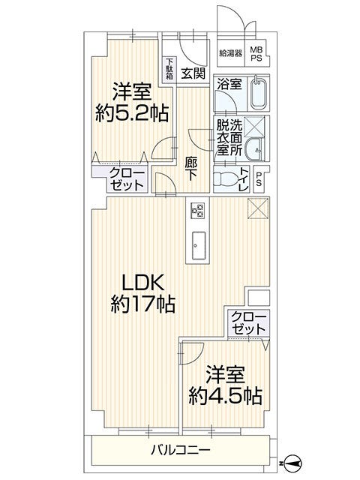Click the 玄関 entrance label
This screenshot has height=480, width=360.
[193, 73]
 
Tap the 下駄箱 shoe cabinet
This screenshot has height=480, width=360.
[169, 69]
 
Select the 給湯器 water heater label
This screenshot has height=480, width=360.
[231, 53]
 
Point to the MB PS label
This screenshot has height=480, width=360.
[256, 53]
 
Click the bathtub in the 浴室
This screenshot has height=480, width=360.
[259, 93]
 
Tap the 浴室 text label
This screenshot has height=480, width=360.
[229, 83]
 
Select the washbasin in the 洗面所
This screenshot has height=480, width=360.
[255, 149]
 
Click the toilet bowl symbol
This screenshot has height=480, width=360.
[225, 178]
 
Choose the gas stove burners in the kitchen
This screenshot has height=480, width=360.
[197, 211]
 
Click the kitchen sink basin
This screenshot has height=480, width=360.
[199, 245]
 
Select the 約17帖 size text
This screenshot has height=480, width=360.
[143, 304]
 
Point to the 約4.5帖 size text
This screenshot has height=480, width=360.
[225, 396]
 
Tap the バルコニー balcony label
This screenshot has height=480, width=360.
[181, 450]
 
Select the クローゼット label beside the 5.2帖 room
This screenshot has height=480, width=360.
[127, 179]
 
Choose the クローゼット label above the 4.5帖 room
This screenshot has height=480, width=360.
[248, 323]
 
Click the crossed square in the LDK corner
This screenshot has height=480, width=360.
[258, 208]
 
